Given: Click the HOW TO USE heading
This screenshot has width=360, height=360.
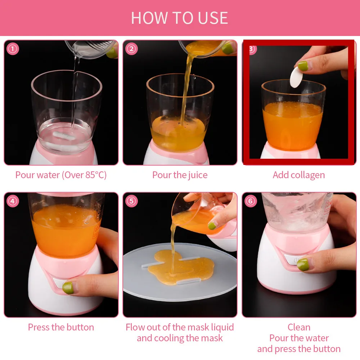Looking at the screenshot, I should [x=179, y=18].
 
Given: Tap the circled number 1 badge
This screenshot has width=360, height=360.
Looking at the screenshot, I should [x=13, y=49].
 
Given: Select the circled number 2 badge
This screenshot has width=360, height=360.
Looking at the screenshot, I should [x=132, y=49].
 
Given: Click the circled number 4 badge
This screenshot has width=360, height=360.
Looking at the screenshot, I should [x=13, y=201].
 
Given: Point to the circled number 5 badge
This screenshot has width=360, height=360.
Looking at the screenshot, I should [x=132, y=201].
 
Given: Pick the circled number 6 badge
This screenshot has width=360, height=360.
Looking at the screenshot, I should [x=251, y=201].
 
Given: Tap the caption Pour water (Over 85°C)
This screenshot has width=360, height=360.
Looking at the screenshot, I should [x=61, y=175].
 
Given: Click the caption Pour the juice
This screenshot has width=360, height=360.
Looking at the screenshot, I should [x=180, y=175].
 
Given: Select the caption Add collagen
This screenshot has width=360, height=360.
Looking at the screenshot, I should [x=298, y=175].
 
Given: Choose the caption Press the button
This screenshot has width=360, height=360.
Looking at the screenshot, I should [x=61, y=327].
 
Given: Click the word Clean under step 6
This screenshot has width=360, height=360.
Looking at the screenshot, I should [x=298, y=327].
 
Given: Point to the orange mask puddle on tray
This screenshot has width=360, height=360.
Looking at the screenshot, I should [x=180, y=266].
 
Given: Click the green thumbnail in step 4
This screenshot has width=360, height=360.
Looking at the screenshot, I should [x=68, y=287].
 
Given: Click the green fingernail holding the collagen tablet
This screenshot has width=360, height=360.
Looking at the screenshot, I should [x=303, y=66].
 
